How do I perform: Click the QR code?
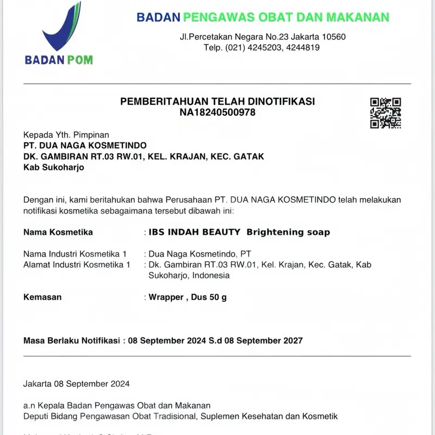click(386, 113)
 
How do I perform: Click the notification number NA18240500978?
click(217, 113)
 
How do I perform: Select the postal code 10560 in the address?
click(334, 36)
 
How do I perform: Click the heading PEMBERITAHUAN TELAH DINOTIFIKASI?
click(217, 102)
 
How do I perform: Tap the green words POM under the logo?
click(79, 60)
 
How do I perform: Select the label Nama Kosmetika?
click(58, 232)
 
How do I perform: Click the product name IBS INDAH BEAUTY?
click(195, 232)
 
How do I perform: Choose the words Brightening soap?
click(288, 232)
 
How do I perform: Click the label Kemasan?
click(42, 297)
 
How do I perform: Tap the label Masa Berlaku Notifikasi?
click(71, 341)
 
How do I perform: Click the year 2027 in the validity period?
click(291, 341)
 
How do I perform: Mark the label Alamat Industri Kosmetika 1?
click(77, 265)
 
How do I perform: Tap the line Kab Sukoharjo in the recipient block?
click(54, 167)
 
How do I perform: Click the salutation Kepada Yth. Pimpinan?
click(66, 134)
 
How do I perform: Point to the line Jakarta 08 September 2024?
click(77, 384)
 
